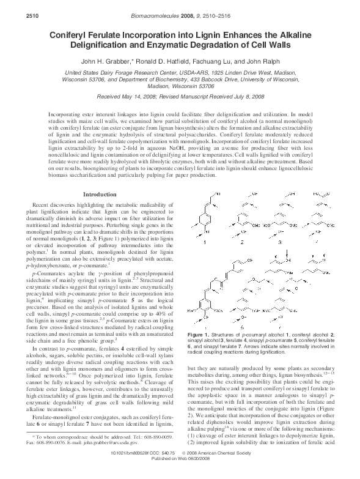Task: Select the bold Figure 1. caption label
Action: click(200, 335)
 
